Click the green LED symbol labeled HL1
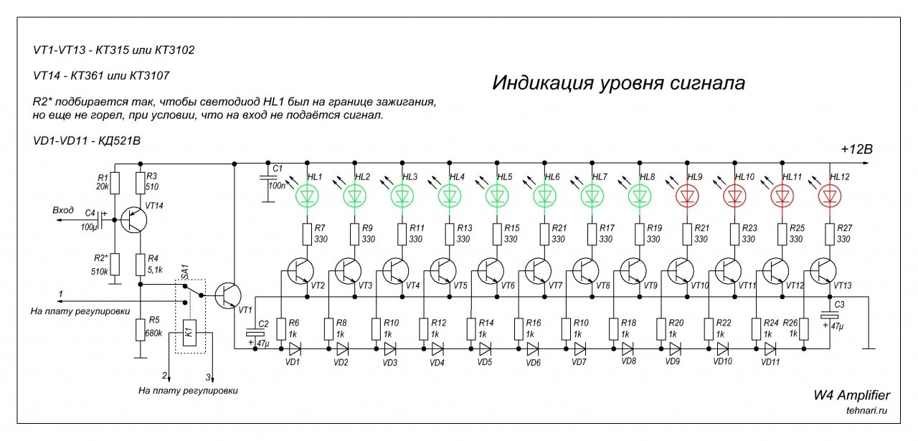[x=308, y=196]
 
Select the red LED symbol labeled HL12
[x=830, y=196]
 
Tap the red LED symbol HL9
[x=687, y=196]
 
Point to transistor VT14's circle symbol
[x=134, y=220]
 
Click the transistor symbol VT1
[x=228, y=295]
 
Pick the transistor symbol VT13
[x=823, y=271]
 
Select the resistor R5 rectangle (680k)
[x=141, y=330]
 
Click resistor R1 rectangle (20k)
[x=115, y=183]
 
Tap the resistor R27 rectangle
[x=830, y=234]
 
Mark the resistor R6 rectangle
[x=281, y=329]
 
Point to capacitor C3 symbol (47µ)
[x=830, y=316]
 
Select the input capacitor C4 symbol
[x=102, y=220]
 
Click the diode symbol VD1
[x=295, y=348]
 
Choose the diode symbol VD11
[x=770, y=348]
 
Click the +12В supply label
[x=856, y=149]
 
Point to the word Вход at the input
[x=63, y=210]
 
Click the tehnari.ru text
[x=866, y=410]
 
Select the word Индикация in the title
[x=543, y=82]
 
